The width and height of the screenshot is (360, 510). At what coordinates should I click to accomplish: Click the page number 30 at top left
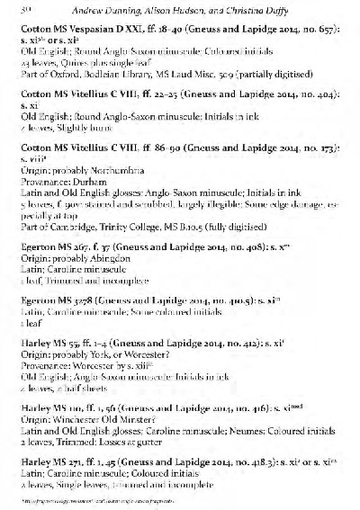(x=23, y=10)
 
